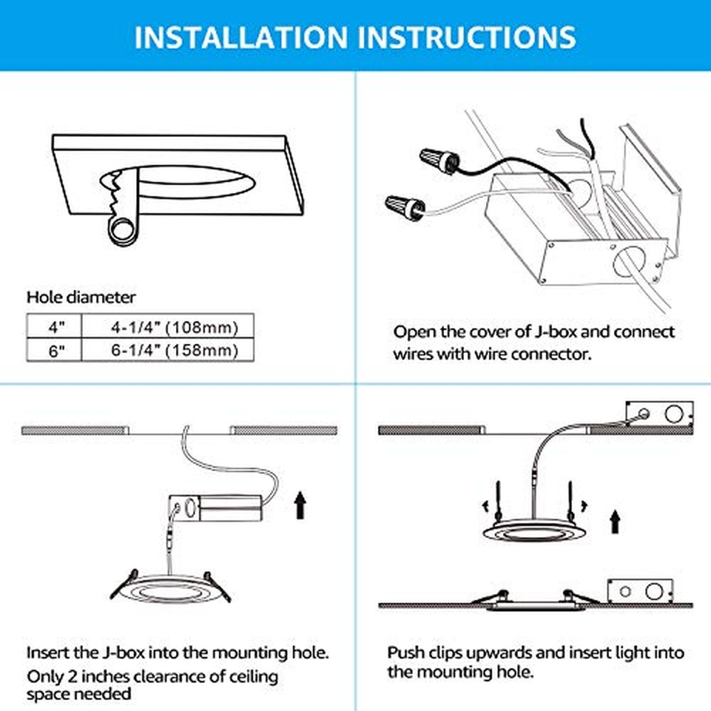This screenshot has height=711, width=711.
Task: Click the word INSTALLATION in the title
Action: [x=241, y=37]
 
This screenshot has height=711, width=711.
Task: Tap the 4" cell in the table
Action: [x=55, y=326]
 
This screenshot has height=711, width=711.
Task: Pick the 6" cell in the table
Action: [x=55, y=350]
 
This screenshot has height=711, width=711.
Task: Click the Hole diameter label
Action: [x=81, y=297]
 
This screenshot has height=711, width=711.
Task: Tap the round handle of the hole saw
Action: [x=121, y=231]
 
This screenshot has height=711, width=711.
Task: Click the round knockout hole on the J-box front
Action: [x=628, y=262]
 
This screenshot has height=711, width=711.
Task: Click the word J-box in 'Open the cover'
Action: [x=555, y=332]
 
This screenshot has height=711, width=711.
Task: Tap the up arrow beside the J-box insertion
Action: [x=301, y=505]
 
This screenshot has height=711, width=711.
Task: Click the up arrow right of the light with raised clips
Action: [x=614, y=521]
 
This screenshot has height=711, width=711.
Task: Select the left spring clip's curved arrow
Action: [x=486, y=507]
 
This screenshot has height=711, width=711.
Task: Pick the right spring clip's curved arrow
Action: [x=584, y=506]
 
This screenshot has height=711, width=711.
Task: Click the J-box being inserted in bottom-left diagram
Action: [x=216, y=508]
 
